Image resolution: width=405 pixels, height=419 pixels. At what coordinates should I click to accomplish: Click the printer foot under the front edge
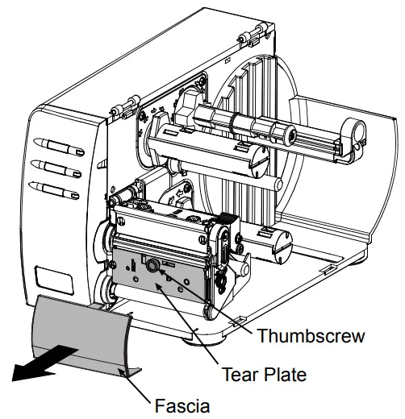click(193, 335)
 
